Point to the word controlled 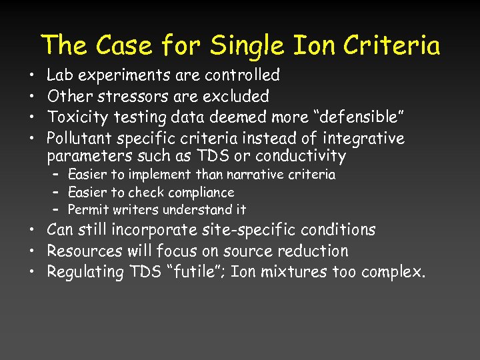(x=243, y=75)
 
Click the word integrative (x=363, y=139)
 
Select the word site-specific (x=222, y=230)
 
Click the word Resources (x=84, y=251)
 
